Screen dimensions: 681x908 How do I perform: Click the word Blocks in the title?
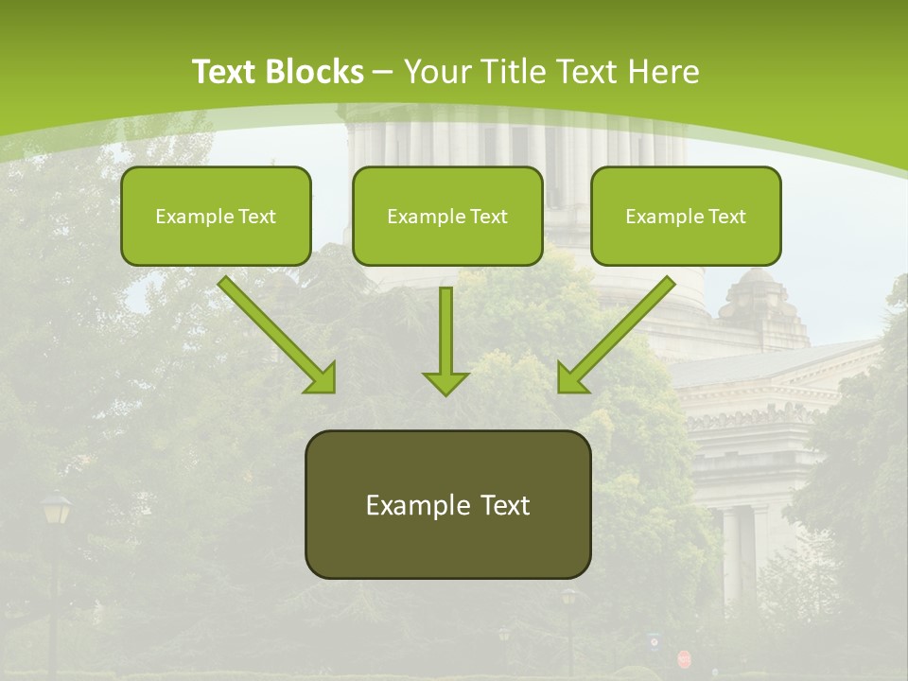coord(315,72)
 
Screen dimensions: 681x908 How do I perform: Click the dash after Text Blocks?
coord(383,73)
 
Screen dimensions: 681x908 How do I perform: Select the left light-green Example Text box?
coord(216,216)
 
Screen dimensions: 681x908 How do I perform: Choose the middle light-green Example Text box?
coord(447,216)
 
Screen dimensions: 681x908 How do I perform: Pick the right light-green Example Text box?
coord(686,216)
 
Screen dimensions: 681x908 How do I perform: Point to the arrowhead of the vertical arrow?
coord(445,382)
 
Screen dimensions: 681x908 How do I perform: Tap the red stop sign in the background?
coord(683,656)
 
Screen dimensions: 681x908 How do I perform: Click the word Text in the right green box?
coord(726,217)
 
